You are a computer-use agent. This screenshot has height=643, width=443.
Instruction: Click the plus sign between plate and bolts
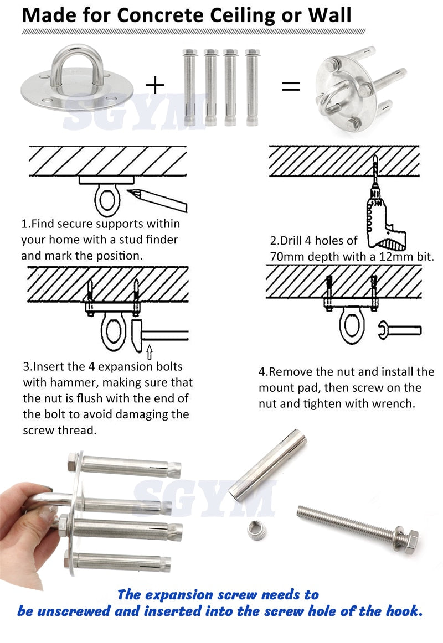click(155, 85)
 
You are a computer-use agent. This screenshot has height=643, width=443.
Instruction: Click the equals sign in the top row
click(291, 86)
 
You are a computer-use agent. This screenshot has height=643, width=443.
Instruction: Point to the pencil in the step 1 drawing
click(157, 200)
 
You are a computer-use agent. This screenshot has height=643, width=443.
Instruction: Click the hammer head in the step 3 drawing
click(138, 335)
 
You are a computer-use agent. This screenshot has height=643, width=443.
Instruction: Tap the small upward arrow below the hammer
click(149, 350)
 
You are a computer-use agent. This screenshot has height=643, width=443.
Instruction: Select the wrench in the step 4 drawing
click(399, 331)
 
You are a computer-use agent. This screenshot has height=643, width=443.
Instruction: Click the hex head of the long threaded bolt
click(410, 536)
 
